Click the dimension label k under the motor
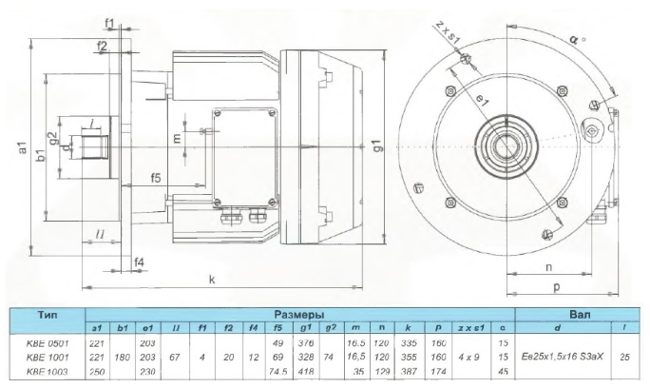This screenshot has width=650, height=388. click(x=212, y=280)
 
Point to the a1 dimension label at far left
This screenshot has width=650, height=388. click(x=22, y=151)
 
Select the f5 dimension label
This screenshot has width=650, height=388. click(x=155, y=178)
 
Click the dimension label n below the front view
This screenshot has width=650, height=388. click(x=549, y=266)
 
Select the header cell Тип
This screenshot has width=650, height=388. click(x=47, y=312)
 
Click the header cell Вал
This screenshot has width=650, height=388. click(x=580, y=312)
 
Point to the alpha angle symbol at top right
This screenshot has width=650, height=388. click(x=572, y=41)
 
